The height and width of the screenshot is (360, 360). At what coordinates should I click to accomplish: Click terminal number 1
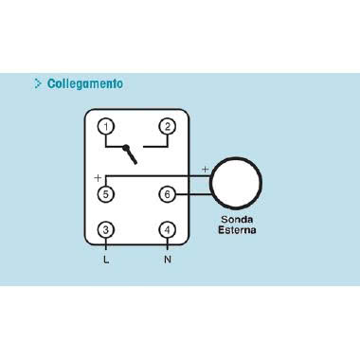tap(107, 126)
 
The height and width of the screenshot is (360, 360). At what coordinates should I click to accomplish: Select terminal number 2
tap(168, 126)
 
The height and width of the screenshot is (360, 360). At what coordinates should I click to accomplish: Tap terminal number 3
tap(107, 229)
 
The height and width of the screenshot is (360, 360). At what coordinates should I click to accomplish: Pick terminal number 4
tap(168, 229)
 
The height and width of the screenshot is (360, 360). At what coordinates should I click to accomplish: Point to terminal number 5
tap(107, 193)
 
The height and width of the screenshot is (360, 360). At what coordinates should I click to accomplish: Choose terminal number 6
tap(168, 193)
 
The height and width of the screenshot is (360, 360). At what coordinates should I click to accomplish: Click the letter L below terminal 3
tap(106, 259)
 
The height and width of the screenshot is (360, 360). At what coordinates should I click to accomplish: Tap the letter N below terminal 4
tap(168, 259)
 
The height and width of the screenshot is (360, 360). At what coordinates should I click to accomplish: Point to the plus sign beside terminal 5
tap(98, 177)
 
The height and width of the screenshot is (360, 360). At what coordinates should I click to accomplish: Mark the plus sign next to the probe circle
tap(205, 170)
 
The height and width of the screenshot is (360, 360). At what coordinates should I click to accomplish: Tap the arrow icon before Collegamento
tap(38, 83)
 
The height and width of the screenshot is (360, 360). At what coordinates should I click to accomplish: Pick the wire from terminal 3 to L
tap(107, 244)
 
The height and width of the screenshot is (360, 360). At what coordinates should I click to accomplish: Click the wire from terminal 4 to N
tap(168, 244)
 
